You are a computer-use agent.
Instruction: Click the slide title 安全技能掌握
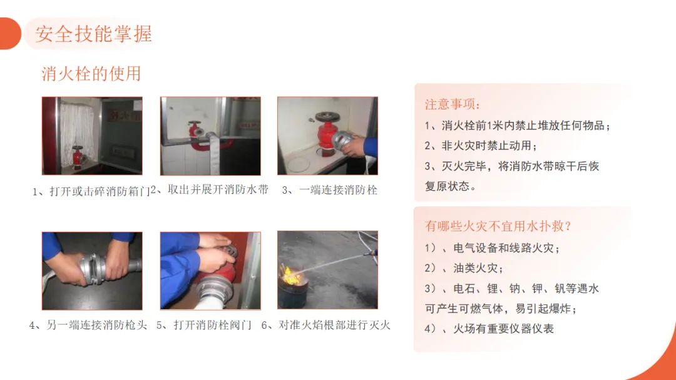pyautogui.click(x=93, y=34)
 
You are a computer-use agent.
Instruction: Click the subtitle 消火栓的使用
pyautogui.click(x=91, y=74)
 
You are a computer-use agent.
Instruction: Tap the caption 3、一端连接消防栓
pyautogui.click(x=330, y=190)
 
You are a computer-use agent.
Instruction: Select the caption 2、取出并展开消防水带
pyautogui.click(x=210, y=189)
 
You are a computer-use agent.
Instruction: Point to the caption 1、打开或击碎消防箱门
pyautogui.click(x=91, y=191)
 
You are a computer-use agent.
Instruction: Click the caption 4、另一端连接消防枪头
pyautogui.click(x=88, y=325)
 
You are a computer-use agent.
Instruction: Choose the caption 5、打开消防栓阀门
pyautogui.click(x=204, y=325)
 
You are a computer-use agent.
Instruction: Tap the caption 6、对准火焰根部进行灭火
pyautogui.click(x=326, y=325)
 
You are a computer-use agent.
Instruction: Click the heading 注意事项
pyautogui.click(x=453, y=104)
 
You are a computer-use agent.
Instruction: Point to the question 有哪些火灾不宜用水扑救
pyautogui.click(x=498, y=226)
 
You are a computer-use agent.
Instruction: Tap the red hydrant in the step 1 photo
pyautogui.click(x=78, y=157)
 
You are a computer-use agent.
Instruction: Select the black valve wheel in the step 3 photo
pyautogui.click(x=327, y=116)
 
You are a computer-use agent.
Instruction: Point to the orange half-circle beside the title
pyautogui.click(x=11, y=34)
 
